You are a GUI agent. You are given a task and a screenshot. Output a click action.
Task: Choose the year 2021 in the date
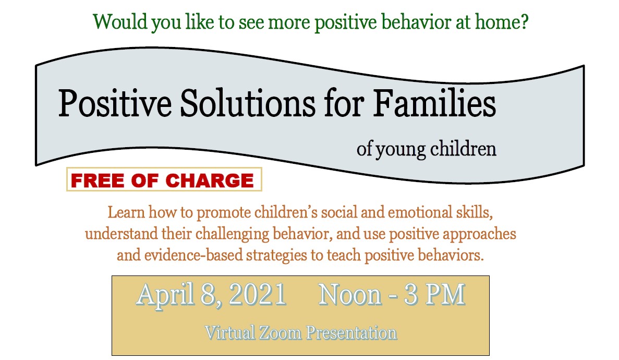[257, 295]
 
